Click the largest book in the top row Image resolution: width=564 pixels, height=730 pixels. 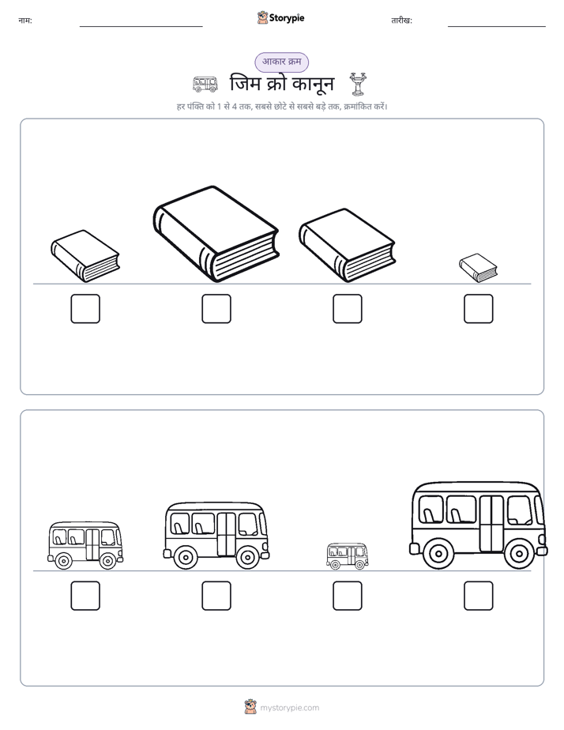[x=216, y=234]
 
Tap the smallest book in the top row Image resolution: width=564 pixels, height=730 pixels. [x=478, y=268]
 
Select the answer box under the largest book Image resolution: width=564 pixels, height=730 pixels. [x=216, y=309]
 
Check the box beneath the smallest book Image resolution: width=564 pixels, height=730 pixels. [x=479, y=309]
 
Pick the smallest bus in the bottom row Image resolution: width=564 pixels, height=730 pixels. [x=347, y=556]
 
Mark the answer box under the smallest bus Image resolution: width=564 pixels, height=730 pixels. [x=347, y=596]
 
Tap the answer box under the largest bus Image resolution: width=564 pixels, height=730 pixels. [x=479, y=596]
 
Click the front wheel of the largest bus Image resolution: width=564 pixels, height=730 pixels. [x=519, y=554]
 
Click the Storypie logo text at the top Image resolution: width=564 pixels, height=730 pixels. [x=287, y=17]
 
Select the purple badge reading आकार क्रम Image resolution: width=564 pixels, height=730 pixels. [x=281, y=62]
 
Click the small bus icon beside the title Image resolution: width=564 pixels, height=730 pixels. [x=205, y=85]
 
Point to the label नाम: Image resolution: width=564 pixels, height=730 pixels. [x=25, y=21]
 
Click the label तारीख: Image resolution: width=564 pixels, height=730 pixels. [x=401, y=21]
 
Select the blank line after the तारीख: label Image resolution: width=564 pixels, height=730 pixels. [x=497, y=27]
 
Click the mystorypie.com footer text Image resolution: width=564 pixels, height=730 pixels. [x=289, y=708]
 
